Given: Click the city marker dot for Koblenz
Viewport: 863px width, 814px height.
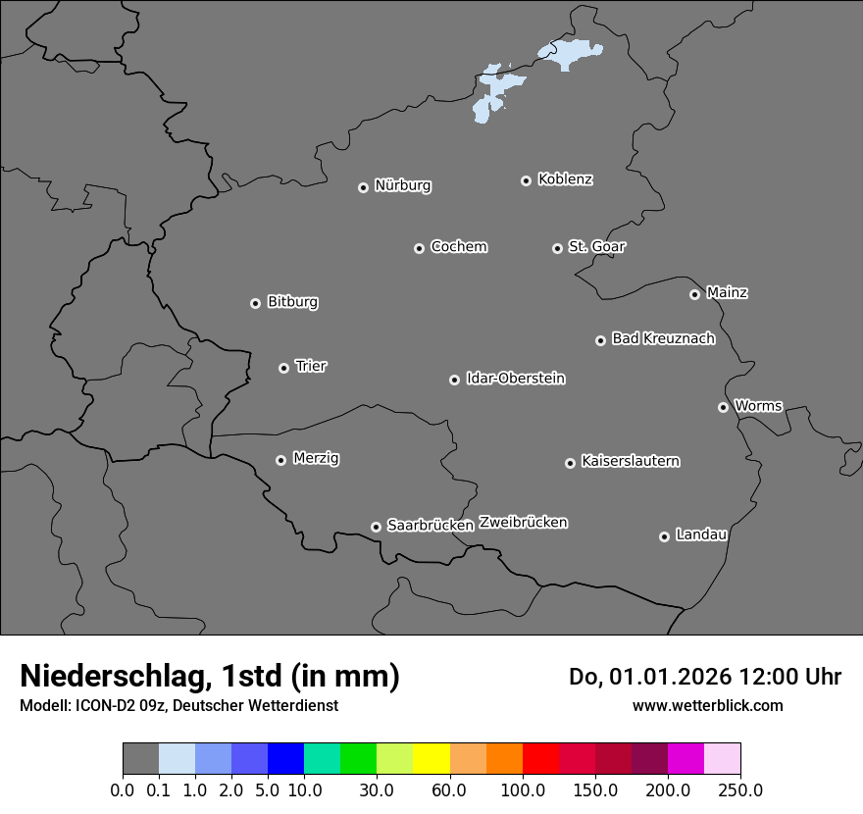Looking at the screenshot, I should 526,180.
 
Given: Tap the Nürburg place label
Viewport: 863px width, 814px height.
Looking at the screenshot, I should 402,185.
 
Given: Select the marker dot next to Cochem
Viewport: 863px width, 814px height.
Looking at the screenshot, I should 419,248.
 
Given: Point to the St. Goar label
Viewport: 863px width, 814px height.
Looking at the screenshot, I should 596,246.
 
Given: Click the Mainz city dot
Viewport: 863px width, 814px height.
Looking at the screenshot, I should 694,294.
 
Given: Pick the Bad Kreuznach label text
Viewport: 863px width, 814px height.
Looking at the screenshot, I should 663,338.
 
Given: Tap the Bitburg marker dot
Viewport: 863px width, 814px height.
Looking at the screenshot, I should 255,303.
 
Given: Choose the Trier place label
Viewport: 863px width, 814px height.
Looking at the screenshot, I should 311,366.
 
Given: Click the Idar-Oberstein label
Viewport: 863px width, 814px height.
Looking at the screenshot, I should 515,378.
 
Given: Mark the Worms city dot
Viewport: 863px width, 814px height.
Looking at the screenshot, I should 723,407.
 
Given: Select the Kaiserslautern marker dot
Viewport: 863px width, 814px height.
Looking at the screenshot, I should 570,463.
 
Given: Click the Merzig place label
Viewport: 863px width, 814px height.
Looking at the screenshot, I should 316,458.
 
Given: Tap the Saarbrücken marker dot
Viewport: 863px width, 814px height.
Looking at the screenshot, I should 376,527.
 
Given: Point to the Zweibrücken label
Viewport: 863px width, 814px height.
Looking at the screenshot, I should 523,522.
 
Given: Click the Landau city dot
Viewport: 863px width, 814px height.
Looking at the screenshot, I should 664,536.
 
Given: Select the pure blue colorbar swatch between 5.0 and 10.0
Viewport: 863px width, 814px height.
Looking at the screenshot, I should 285,759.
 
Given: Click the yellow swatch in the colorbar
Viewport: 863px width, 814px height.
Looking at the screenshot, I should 431,759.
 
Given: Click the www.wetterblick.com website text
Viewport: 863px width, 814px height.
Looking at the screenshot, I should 707,705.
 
